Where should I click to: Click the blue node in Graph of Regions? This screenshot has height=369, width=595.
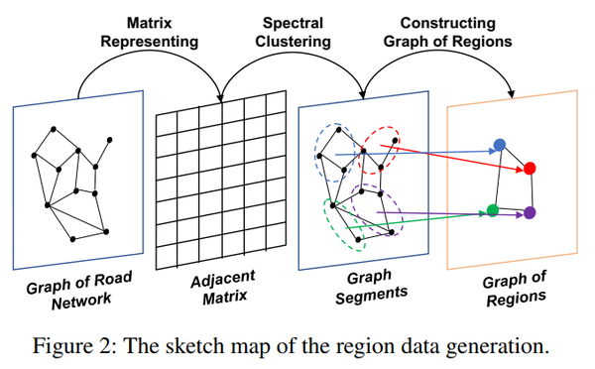tap(501, 145)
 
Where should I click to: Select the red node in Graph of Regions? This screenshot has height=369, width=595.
tap(531, 168)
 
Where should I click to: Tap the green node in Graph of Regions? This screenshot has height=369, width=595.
tap(493, 209)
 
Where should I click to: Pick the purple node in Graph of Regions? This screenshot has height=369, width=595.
tap(530, 212)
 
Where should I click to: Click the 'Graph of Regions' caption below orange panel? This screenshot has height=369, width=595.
tap(515, 289)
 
